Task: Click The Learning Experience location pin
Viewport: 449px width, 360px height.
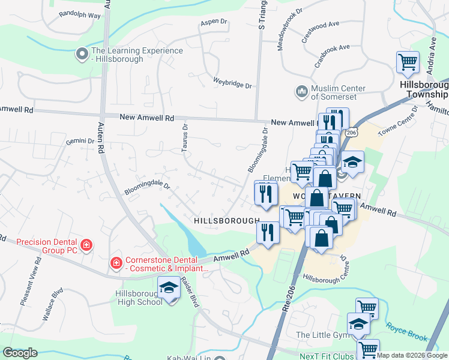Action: (82, 55)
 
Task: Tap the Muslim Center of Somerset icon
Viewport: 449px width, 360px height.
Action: (301, 91)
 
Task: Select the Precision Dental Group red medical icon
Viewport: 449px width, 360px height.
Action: (86, 245)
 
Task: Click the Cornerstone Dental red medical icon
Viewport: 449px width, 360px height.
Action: (115, 263)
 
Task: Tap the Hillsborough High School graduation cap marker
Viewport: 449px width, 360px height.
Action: (169, 289)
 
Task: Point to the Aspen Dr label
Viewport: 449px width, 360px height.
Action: (214, 22)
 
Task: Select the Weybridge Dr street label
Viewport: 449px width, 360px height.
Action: (232, 83)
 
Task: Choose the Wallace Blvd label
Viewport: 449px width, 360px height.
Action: (58, 301)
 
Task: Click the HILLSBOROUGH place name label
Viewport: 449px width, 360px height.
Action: (226, 221)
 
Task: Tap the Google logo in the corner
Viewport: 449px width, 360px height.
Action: (19, 353)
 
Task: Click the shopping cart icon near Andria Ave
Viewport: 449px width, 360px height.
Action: (408, 62)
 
